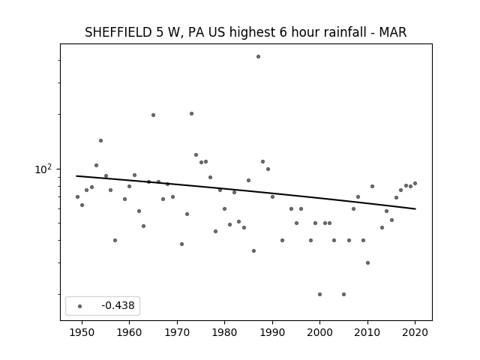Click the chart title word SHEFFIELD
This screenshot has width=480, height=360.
(x=118, y=32)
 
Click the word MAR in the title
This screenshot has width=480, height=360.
(x=393, y=32)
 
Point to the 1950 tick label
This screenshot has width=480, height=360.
(x=82, y=332)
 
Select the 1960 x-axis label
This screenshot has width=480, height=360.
(x=129, y=332)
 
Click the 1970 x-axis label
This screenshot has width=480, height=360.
(x=177, y=332)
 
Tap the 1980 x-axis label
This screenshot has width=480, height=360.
(x=224, y=332)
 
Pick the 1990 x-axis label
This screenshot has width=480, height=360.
(x=272, y=332)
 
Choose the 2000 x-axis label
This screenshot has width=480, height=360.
(x=320, y=332)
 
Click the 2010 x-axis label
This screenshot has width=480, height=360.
(x=367, y=332)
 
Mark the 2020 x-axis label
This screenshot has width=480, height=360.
(x=415, y=332)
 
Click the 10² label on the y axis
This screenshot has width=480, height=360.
(x=43, y=169)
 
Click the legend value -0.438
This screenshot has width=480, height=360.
(x=118, y=305)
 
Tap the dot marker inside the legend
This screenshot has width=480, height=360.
(x=79, y=306)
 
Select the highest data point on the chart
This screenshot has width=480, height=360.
(x=258, y=57)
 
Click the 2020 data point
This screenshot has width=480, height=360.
(x=415, y=183)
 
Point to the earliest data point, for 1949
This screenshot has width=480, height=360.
(x=77, y=196)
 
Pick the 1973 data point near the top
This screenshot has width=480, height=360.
(x=192, y=113)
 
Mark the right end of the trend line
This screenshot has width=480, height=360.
(x=415, y=208)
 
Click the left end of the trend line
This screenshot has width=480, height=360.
(x=76, y=175)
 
